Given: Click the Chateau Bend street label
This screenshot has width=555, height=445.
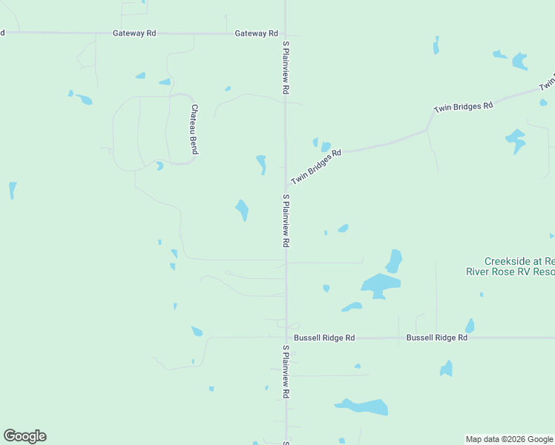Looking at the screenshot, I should (x=194, y=129).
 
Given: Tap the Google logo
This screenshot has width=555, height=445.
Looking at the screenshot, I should (x=24, y=436).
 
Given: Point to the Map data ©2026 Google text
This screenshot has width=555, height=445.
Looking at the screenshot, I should (x=509, y=439).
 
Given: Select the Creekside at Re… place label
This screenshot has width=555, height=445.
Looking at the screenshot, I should (x=519, y=261).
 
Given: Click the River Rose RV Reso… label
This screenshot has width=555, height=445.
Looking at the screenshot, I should (x=510, y=272).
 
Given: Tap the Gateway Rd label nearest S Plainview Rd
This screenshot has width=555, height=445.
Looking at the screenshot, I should (x=256, y=33).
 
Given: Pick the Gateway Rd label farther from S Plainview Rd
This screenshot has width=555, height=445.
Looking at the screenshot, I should (x=134, y=33).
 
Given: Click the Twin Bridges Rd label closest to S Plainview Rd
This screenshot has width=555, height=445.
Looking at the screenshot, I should (x=316, y=167).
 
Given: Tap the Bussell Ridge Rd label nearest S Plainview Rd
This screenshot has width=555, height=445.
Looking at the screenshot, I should (x=324, y=337).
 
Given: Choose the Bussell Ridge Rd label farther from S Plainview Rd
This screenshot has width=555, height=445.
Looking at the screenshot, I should (x=437, y=337).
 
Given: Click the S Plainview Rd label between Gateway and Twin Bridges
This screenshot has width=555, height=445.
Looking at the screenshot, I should (x=285, y=67).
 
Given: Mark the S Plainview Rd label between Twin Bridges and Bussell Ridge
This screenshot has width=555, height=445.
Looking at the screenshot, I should (x=285, y=221).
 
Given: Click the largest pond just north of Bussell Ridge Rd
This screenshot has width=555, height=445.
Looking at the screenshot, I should (x=380, y=285).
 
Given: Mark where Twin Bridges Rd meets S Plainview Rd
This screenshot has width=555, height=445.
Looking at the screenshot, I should (x=286, y=184).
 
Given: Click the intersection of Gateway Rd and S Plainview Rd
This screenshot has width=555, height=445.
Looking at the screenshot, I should (x=286, y=33).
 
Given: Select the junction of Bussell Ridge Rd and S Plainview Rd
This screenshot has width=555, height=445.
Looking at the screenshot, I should (x=286, y=337).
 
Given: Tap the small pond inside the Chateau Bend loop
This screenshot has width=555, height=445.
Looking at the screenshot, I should (x=160, y=166).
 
